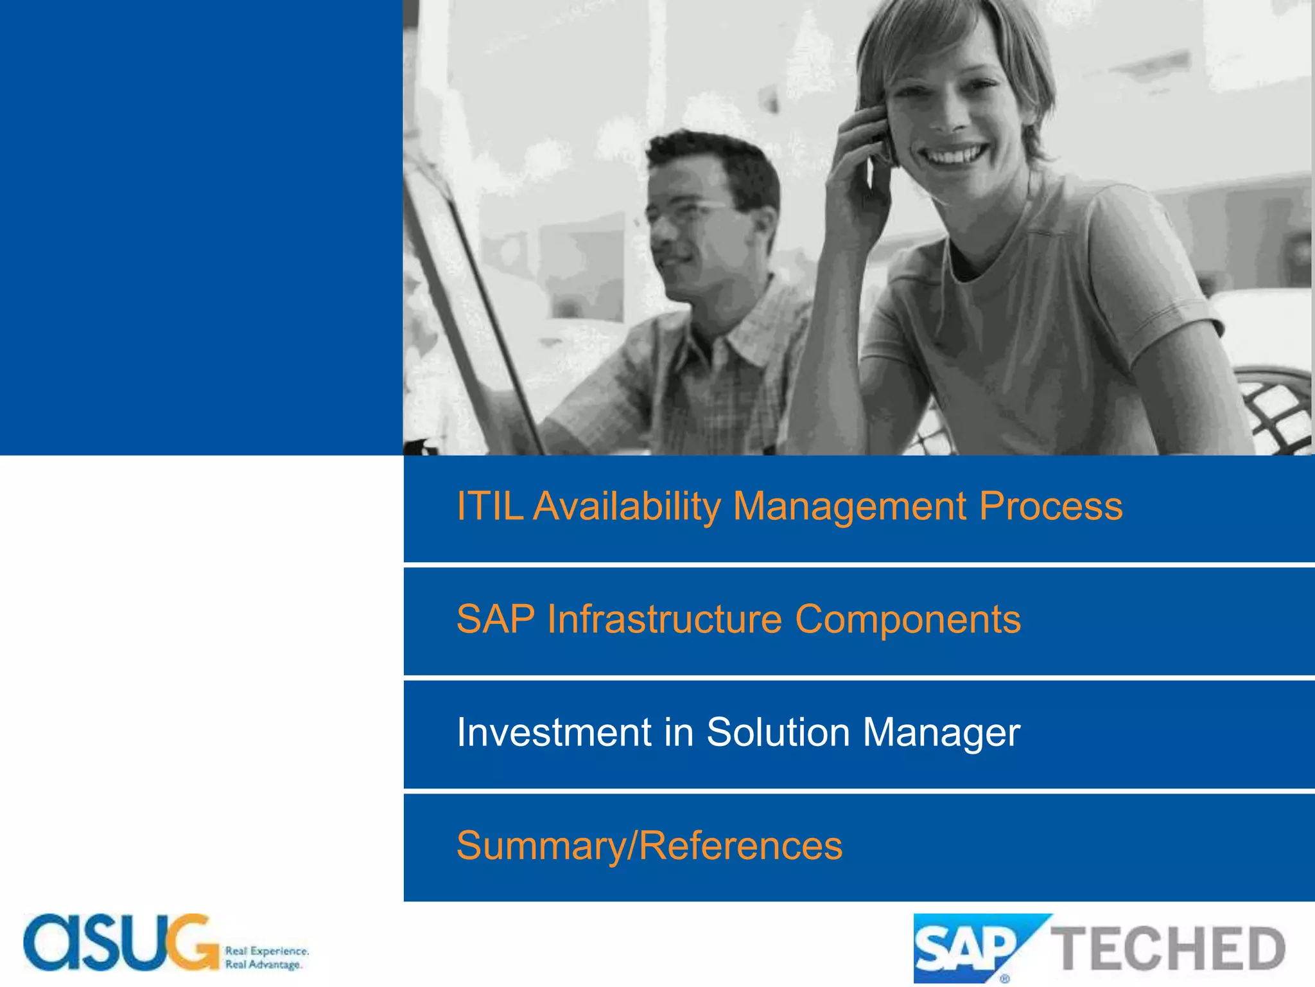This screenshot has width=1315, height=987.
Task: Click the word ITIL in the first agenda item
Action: [489, 506]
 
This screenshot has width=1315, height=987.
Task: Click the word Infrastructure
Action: [664, 619]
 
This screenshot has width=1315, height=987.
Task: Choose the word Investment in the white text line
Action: [554, 733]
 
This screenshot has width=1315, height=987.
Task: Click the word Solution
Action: [778, 733]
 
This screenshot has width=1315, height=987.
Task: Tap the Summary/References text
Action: [649, 846]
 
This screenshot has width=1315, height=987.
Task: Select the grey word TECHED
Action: [1167, 948]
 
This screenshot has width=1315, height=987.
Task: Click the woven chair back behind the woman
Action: [1275, 411]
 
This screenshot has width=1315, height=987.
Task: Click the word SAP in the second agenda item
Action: [495, 619]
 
